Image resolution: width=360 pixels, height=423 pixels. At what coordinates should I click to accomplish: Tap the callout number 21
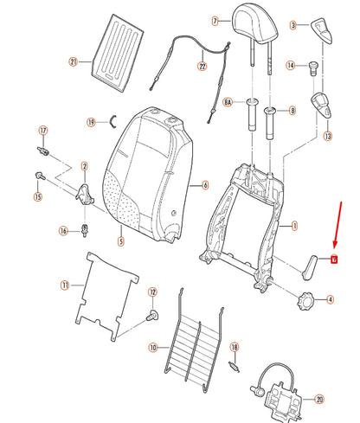[x=74, y=61]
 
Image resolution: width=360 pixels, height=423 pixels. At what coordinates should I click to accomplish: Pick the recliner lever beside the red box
[x=310, y=267]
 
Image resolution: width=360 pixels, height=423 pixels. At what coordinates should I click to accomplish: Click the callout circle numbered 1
[x=295, y=226]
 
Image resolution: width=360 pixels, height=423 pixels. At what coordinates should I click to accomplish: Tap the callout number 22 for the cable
[x=202, y=65]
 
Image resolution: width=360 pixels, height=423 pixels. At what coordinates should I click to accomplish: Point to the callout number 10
[x=152, y=348]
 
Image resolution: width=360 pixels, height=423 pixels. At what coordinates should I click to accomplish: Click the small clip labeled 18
[x=234, y=364]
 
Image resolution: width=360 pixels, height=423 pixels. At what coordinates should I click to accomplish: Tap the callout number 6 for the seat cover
[x=205, y=183]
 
